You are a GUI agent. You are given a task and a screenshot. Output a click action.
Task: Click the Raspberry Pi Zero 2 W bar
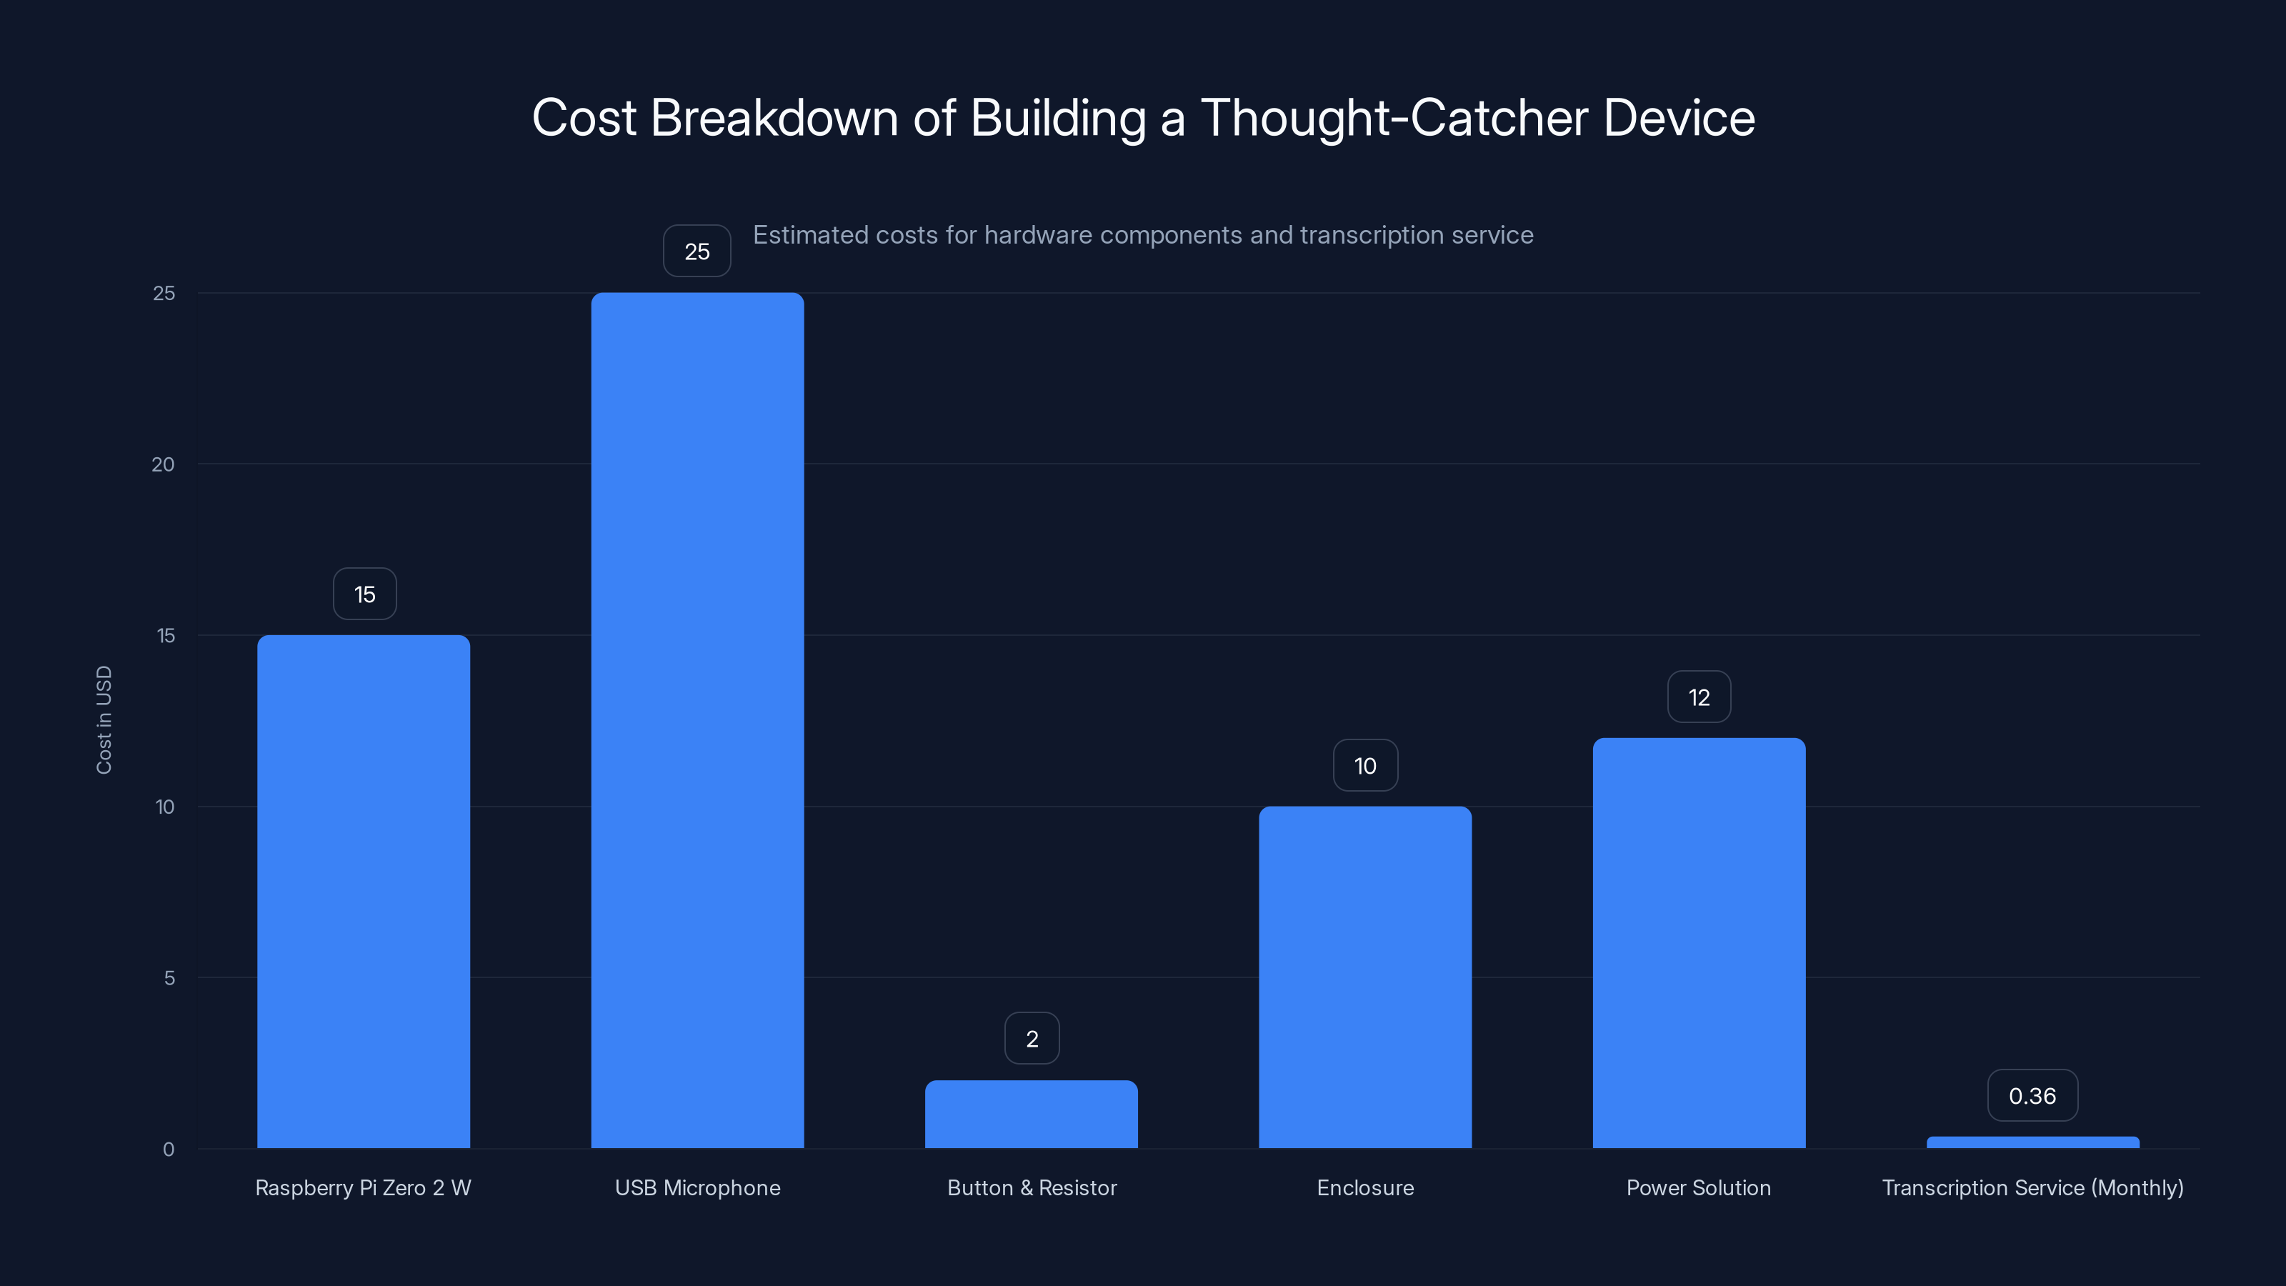click(x=364, y=891)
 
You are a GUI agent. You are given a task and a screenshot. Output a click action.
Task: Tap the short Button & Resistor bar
click(x=1031, y=1114)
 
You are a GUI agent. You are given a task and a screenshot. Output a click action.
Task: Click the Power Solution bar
click(x=1699, y=942)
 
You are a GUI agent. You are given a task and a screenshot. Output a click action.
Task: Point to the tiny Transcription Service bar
click(x=2032, y=1142)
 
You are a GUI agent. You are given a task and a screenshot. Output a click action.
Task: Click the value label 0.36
click(x=2032, y=1096)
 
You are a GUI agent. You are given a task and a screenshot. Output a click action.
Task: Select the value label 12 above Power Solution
click(x=1699, y=697)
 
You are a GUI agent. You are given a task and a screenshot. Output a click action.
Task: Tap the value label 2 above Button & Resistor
click(x=1031, y=1038)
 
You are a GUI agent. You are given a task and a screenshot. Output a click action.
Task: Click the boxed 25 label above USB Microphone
click(x=697, y=251)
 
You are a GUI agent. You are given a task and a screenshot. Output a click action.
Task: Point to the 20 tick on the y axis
click(x=164, y=464)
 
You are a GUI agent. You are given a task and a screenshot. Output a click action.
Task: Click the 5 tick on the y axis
click(x=169, y=978)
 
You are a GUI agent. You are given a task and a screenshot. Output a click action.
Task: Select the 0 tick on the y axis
click(x=169, y=1150)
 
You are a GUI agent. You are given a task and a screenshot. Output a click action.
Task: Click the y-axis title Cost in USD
click(x=104, y=719)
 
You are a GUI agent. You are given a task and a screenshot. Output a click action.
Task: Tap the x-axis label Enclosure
click(x=1365, y=1187)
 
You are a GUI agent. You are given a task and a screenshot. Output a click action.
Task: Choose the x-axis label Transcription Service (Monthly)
click(x=2032, y=1187)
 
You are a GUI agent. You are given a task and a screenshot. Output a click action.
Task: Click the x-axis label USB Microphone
click(x=697, y=1187)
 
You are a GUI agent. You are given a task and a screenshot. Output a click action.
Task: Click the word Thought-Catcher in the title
click(x=1393, y=118)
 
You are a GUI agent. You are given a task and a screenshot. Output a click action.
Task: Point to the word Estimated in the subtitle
click(x=810, y=235)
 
